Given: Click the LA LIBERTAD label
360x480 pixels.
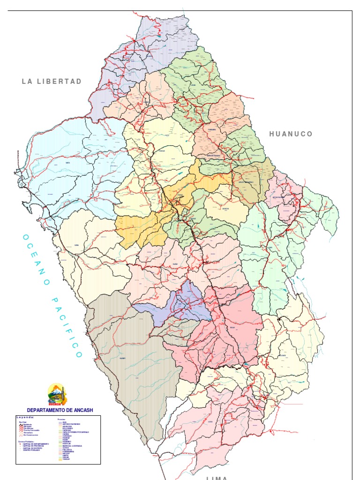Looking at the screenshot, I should click(52, 82).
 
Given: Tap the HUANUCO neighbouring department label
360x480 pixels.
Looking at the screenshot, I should click(291, 134).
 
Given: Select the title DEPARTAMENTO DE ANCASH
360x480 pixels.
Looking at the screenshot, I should click(60, 410).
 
